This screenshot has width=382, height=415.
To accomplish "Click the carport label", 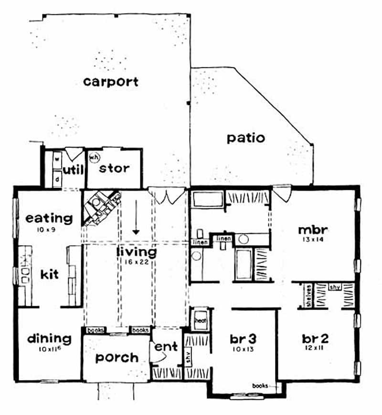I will click(111, 82).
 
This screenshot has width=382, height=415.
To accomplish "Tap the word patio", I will click(245, 138).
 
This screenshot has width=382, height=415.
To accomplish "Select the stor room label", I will click(115, 168).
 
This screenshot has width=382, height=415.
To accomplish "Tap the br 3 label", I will click(244, 339).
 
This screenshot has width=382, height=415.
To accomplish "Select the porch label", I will click(117, 357).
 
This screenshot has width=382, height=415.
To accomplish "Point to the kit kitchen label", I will click(50, 275).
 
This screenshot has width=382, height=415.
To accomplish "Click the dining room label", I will click(49, 339).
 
